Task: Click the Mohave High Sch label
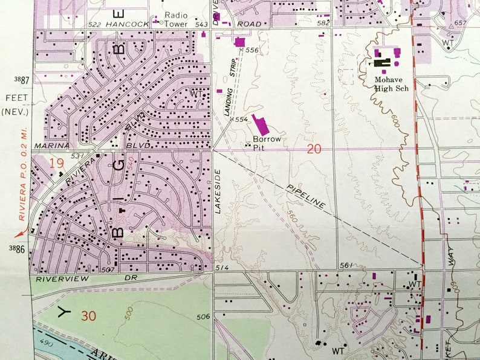coord(391,84)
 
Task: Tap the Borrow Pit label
coord(264,141)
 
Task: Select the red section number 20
coord(313,149)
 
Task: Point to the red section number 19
coord(57,162)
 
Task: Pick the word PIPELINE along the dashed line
coord(306,197)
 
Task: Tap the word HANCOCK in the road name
coord(123,24)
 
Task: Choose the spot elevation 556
coord(251,50)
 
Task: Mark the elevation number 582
coord(324,23)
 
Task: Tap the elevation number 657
coord(461,22)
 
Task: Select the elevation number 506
coord(203,317)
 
